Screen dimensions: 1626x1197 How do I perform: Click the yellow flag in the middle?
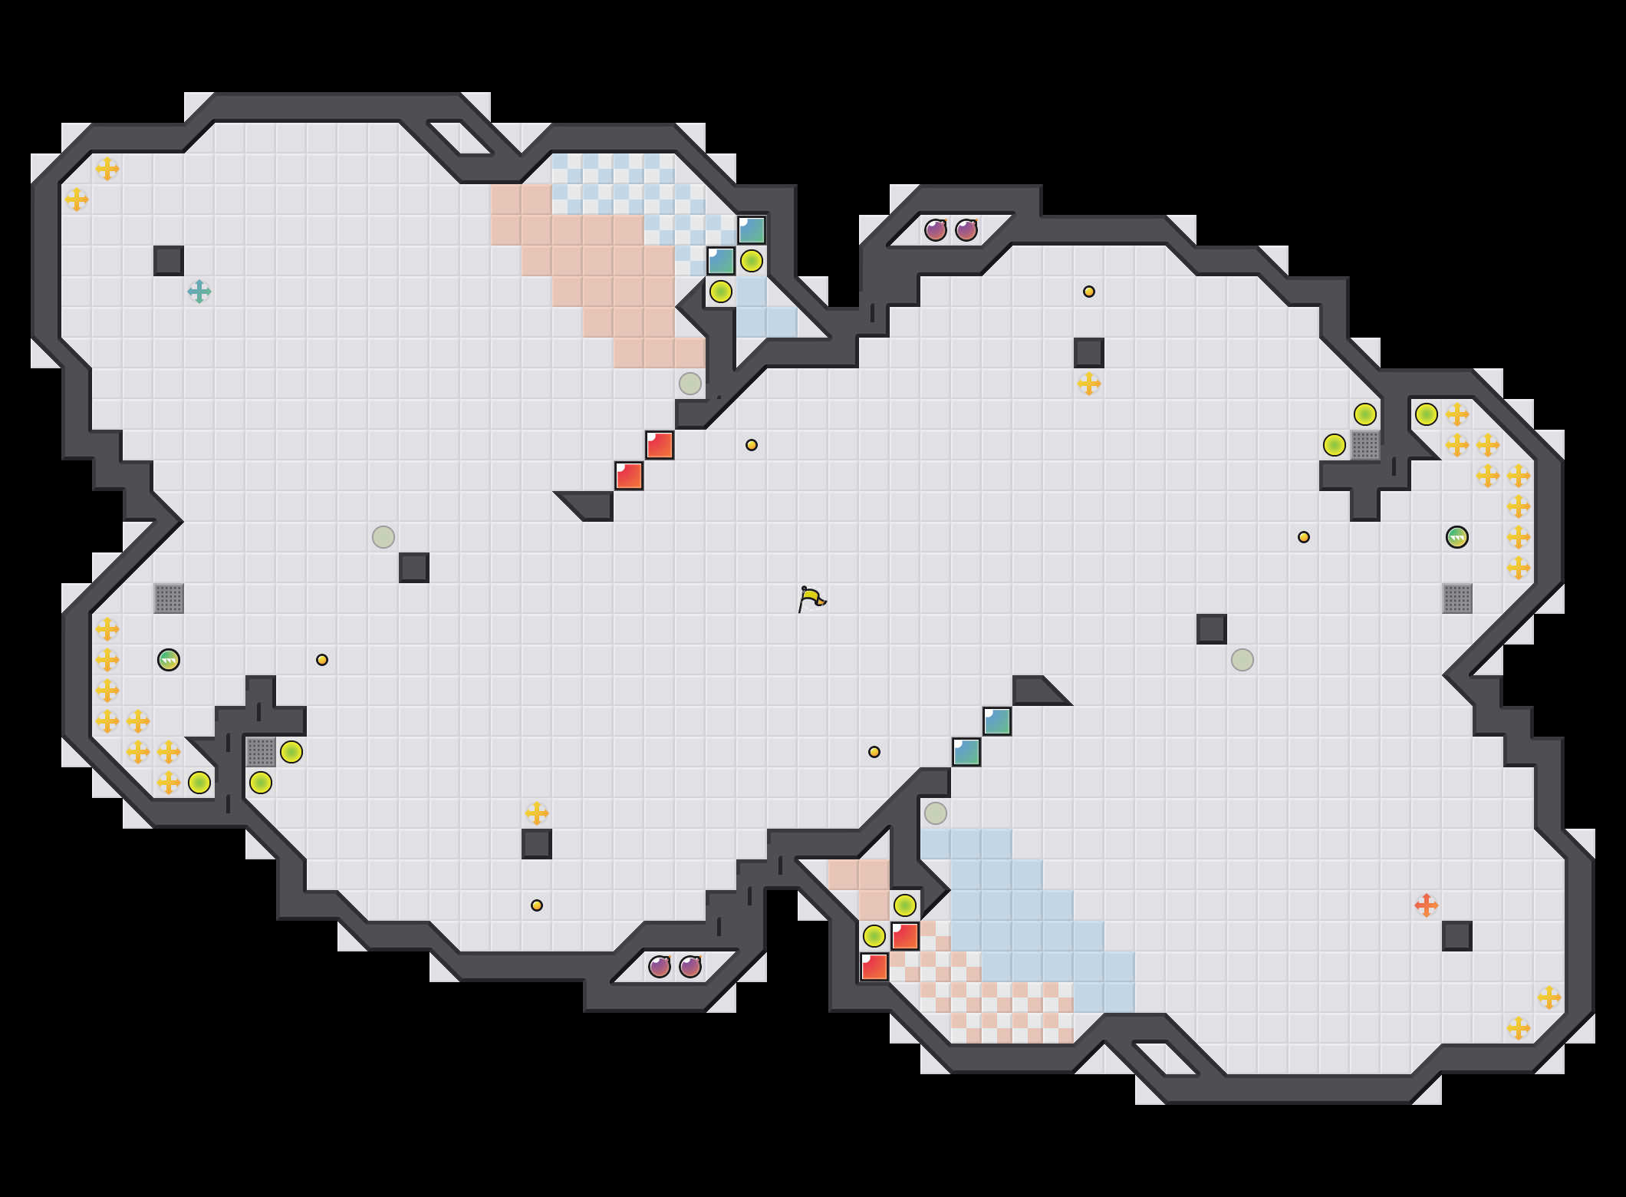click(811, 598)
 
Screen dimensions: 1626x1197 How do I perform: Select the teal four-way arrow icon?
click(199, 292)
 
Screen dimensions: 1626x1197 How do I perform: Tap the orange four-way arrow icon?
click(1426, 905)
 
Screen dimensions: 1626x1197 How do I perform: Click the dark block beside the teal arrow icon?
click(169, 261)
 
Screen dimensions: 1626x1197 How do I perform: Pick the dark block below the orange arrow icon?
click(1456, 936)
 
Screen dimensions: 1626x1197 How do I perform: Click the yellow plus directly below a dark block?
click(1089, 384)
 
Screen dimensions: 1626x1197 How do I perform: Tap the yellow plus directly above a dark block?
click(537, 813)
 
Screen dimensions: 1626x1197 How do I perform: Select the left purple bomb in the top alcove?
click(936, 230)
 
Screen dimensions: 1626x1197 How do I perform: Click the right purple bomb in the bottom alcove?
click(690, 967)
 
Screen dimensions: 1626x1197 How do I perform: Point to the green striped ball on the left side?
click(169, 660)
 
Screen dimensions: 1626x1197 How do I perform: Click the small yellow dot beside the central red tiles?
click(752, 445)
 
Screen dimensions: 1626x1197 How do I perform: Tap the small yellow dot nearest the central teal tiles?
click(874, 752)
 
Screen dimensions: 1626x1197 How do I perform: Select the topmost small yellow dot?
click(1089, 292)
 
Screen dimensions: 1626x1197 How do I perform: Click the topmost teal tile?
click(752, 230)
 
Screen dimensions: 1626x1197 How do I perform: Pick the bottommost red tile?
click(874, 967)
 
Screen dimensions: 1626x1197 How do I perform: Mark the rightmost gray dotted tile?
click(1457, 598)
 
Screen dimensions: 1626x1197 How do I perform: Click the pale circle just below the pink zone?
click(690, 384)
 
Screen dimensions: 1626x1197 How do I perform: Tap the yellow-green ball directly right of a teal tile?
click(752, 261)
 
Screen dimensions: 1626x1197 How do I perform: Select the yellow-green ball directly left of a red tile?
click(874, 936)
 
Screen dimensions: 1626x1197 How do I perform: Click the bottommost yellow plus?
click(1519, 1028)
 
